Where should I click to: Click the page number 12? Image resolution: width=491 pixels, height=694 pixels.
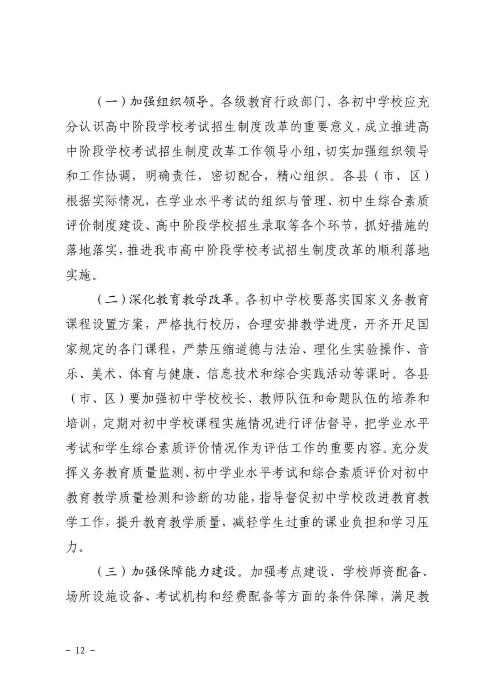pyautogui.click(x=80, y=650)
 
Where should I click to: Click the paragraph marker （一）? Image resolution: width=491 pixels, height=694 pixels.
pyautogui.click(x=111, y=101)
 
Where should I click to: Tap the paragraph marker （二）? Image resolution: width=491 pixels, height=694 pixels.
pyautogui.click(x=111, y=300)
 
